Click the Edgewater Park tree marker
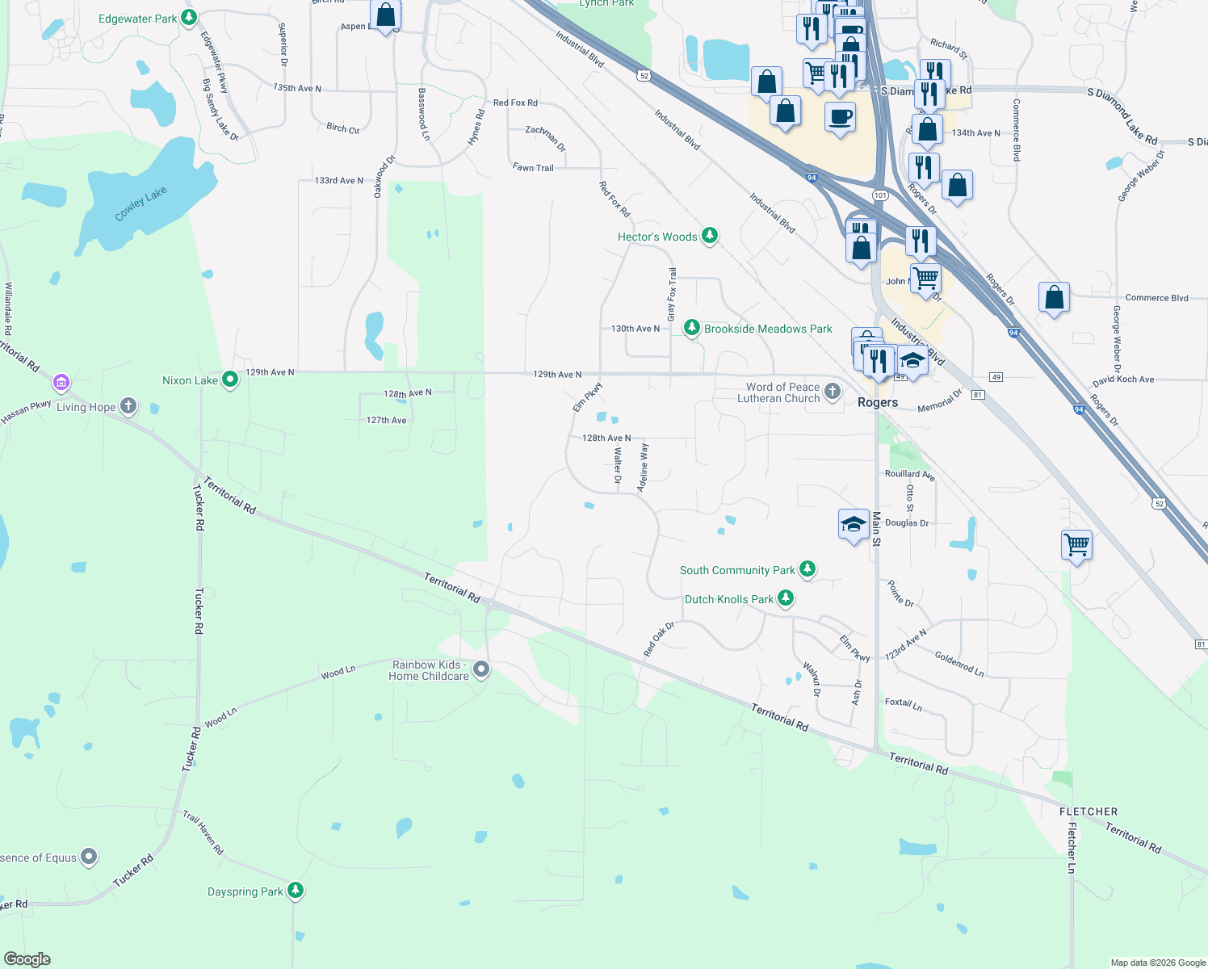pos(189,17)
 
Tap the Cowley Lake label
pos(141,203)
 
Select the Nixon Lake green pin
pos(230,379)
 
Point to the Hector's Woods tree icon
pos(710,235)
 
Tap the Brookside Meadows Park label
pos(767,329)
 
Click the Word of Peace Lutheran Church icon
pos(833,392)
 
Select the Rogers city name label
pos(878,402)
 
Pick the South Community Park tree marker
pos(807,568)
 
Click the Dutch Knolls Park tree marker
pos(786,598)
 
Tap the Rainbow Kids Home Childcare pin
pos(481,669)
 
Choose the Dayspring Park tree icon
pos(296,890)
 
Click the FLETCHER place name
pos(1088,812)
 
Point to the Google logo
pos(27,959)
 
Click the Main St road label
pos(876,529)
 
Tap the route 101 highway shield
pos(880,195)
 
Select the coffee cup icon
pos(840,116)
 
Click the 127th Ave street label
pos(387,420)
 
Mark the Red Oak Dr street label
pos(659,640)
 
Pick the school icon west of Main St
pos(854,525)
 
